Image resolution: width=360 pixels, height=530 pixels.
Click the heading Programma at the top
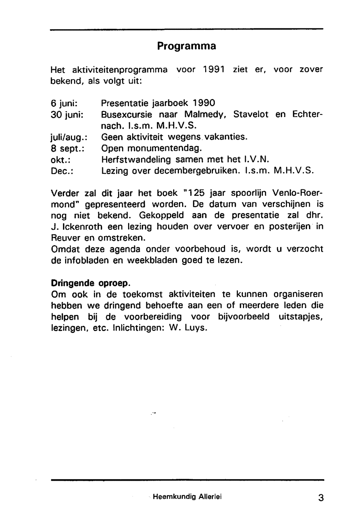(x=186, y=46)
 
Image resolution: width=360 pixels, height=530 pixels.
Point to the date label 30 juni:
(x=67, y=115)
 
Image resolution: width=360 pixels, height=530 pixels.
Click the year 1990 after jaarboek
(x=204, y=103)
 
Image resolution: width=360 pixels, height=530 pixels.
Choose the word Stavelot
(x=251, y=114)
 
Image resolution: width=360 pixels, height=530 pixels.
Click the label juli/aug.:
(x=70, y=137)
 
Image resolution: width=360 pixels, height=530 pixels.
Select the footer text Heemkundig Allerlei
(x=187, y=497)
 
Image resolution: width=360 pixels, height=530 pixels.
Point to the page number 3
(x=321, y=498)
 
